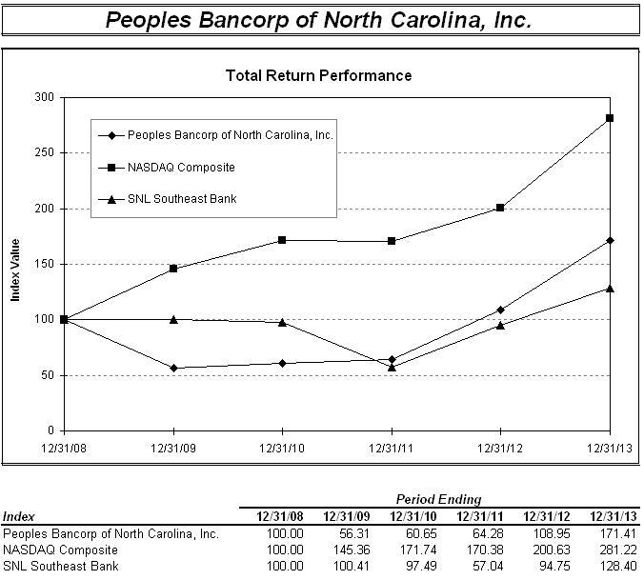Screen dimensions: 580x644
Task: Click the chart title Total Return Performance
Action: coord(318,75)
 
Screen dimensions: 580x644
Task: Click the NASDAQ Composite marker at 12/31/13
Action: coord(610,118)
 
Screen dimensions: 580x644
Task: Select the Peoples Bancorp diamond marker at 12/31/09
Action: coord(173,368)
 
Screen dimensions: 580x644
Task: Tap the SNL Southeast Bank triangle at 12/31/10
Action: coord(282,322)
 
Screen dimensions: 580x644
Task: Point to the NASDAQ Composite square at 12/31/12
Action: coord(500,208)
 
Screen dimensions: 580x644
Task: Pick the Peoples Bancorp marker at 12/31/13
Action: coord(610,240)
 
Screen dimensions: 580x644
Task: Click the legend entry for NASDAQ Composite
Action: coord(181,168)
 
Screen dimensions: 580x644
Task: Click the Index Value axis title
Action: coord(16,272)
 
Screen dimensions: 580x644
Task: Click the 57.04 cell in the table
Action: coord(473,565)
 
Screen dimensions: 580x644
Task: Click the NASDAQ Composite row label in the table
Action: coord(61,550)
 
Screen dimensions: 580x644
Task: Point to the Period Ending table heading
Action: coord(439,499)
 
